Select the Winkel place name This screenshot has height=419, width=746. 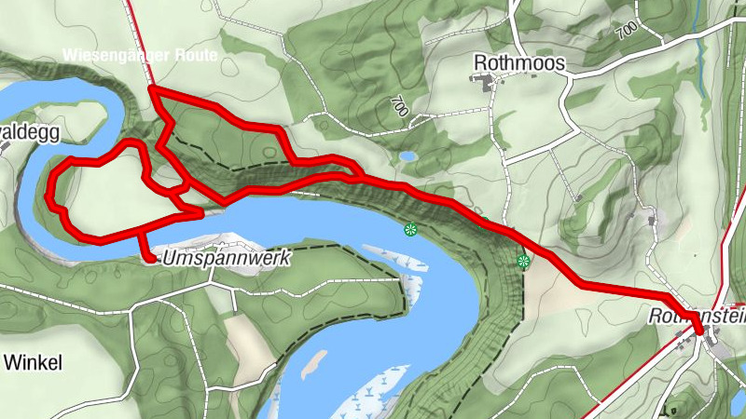[32, 361]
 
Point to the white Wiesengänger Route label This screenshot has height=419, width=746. [140, 56]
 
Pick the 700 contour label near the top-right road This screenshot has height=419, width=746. [626, 31]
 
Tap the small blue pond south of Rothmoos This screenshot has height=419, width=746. [408, 156]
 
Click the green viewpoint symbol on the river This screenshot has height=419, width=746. [408, 229]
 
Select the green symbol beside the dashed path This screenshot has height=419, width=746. [523, 261]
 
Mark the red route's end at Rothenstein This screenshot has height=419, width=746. [700, 331]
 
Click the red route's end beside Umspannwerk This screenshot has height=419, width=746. [149, 258]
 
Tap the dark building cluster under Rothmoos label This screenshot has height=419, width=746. [488, 84]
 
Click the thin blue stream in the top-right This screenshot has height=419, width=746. [700, 74]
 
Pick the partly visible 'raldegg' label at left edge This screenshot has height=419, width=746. [31, 132]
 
